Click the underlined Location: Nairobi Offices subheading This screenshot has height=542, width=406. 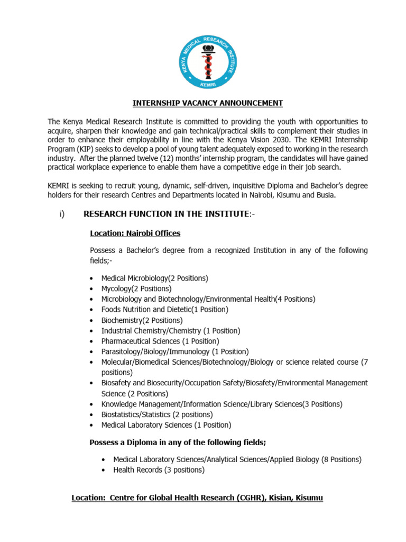(135, 233)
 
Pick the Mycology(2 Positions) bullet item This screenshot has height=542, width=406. (136, 288)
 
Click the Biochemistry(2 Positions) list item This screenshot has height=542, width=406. (142, 320)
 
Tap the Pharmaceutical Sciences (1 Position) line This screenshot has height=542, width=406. (160, 341)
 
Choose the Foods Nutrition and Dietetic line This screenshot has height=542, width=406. (164, 310)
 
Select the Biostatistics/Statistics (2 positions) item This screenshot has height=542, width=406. (157, 414)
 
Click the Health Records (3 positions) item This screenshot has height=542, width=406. (159, 470)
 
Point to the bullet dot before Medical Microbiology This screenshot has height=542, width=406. (93, 278)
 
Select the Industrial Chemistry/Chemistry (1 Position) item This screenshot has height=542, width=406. (170, 331)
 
